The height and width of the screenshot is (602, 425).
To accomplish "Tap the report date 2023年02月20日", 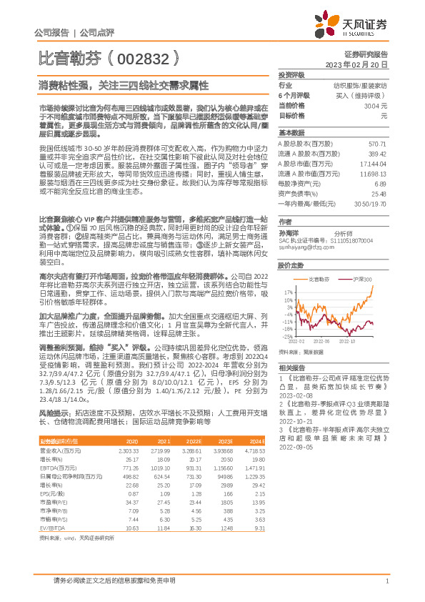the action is (357, 64).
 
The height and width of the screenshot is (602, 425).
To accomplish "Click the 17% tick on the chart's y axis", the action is (288, 292).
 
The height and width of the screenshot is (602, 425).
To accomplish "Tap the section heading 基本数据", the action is (290, 134).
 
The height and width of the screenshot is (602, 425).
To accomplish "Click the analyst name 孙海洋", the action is (288, 233).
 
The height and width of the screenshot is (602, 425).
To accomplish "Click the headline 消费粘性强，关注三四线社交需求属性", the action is (123, 84).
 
